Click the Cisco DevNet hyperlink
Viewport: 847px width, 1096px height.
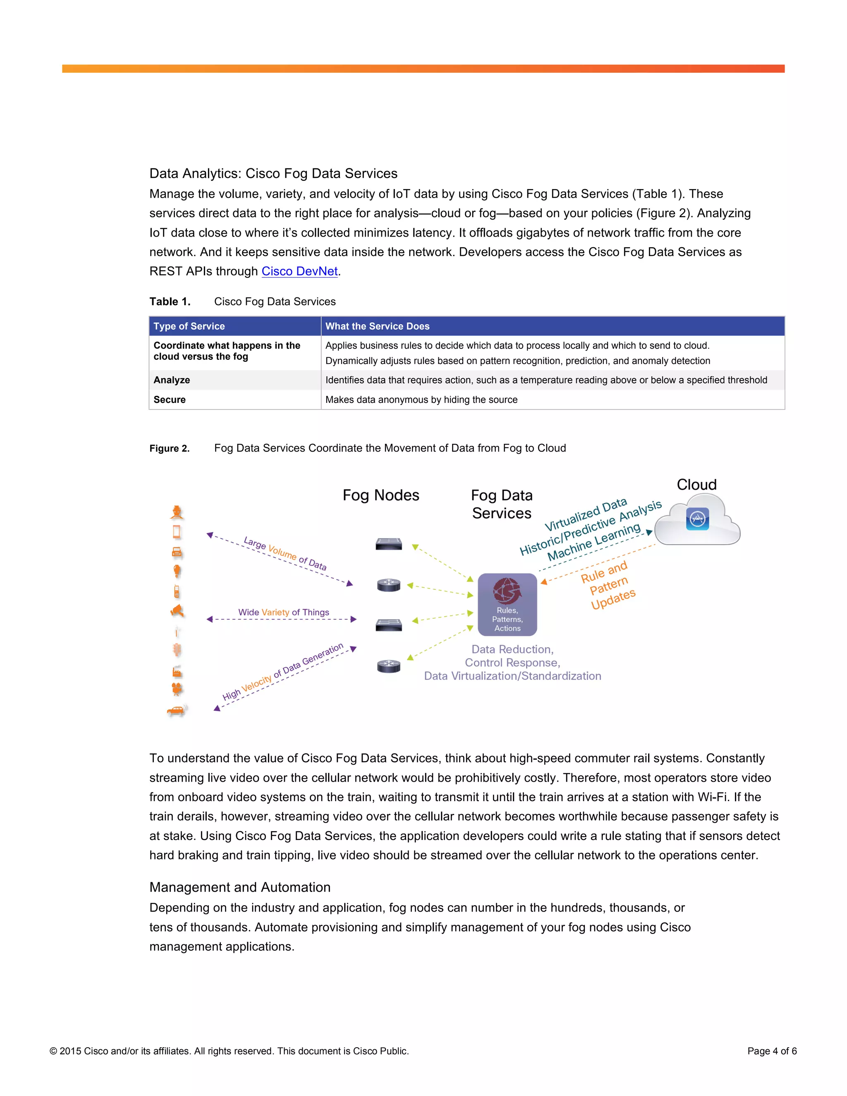pos(299,271)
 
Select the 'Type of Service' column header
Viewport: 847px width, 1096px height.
pos(189,326)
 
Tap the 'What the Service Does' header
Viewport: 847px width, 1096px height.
pos(377,326)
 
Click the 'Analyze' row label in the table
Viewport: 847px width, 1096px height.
pos(172,380)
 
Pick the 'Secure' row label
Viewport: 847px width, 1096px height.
pos(170,400)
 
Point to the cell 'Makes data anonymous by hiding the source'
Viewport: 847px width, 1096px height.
pos(421,400)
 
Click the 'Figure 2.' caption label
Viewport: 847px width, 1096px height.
pos(170,448)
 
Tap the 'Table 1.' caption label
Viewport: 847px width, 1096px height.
pos(170,302)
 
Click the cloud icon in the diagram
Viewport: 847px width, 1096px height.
pos(697,520)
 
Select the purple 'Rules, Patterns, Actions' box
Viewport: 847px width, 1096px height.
pos(507,604)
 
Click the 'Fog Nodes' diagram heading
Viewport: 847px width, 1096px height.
pos(381,495)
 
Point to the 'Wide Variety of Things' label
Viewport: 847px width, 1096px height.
pos(283,612)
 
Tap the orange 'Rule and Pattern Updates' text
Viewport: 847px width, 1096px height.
pos(608,585)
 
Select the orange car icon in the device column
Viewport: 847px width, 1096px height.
pos(177,710)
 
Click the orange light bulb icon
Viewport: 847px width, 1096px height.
pos(177,571)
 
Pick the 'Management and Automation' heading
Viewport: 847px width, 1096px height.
pos(240,887)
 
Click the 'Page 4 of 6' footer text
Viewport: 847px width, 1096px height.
pos(772,1051)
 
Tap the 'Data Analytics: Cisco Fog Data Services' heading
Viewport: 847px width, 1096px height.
pos(273,174)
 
